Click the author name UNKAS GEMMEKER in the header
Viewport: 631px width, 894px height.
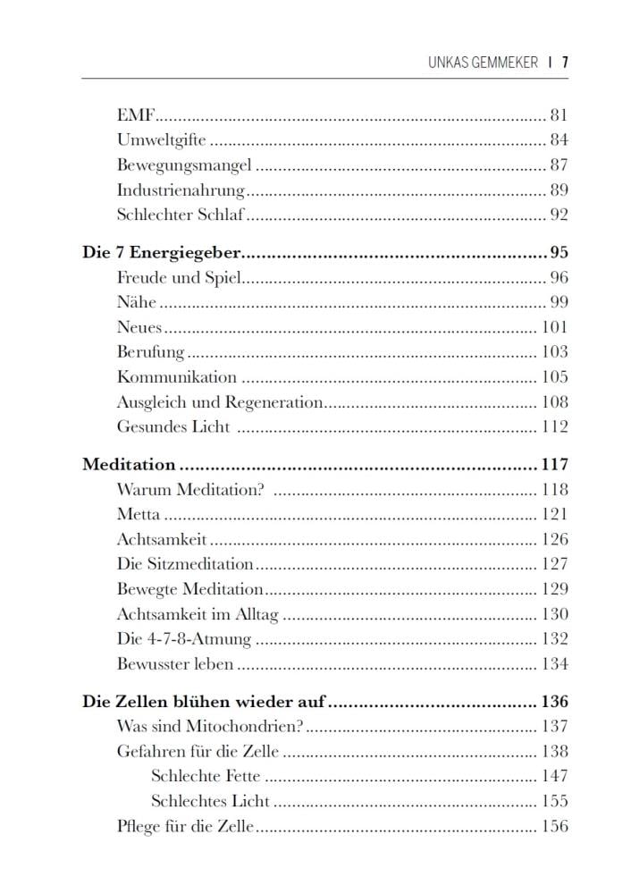(484, 63)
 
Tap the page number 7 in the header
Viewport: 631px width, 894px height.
(565, 63)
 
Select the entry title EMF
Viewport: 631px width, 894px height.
(137, 114)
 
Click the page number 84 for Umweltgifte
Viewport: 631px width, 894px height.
(559, 139)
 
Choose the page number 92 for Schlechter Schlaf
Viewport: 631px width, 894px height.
(559, 215)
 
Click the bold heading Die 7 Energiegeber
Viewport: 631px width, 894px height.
(163, 252)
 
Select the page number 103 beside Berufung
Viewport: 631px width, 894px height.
(554, 351)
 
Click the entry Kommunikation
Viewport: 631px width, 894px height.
(176, 376)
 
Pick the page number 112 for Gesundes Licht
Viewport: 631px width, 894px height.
(554, 426)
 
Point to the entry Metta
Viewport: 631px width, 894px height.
(139, 514)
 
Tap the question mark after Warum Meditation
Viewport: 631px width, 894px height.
(261, 489)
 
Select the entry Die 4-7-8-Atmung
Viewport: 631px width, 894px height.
(184, 639)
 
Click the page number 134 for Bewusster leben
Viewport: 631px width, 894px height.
(554, 664)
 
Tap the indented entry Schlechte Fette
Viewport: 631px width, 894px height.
(206, 776)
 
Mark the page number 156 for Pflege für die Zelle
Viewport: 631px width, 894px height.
(554, 826)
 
